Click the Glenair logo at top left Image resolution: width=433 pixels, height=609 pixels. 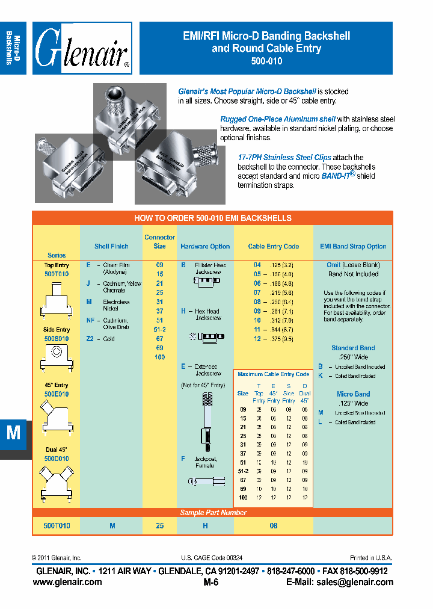point(82,48)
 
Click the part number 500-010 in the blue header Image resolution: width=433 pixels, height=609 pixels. point(266,61)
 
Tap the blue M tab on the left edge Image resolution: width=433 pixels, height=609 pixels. point(13,434)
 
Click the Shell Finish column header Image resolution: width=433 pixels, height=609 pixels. point(111,246)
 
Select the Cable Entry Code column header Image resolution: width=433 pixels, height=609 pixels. point(273,246)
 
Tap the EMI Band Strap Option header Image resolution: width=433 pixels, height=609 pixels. point(353,246)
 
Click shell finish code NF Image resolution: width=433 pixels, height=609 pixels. point(90,321)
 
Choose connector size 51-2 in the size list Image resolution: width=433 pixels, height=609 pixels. point(159,330)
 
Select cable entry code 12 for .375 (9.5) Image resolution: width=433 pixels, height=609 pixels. point(257,339)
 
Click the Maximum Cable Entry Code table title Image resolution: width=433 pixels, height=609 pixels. point(273,374)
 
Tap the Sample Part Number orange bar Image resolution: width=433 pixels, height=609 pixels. point(213,513)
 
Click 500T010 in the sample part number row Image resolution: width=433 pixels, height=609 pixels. point(57,525)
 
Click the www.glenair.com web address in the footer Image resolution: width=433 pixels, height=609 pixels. point(67,582)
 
